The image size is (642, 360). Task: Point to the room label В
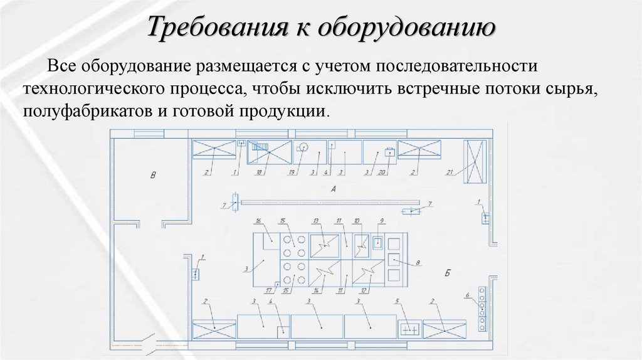(x=152, y=175)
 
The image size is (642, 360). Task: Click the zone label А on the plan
(x=333, y=189)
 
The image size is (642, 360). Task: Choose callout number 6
(x=466, y=295)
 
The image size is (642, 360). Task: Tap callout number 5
(x=397, y=302)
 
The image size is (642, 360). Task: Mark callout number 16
(x=257, y=221)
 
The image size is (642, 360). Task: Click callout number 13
(x=316, y=221)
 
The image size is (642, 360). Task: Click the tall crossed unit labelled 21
(x=475, y=161)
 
